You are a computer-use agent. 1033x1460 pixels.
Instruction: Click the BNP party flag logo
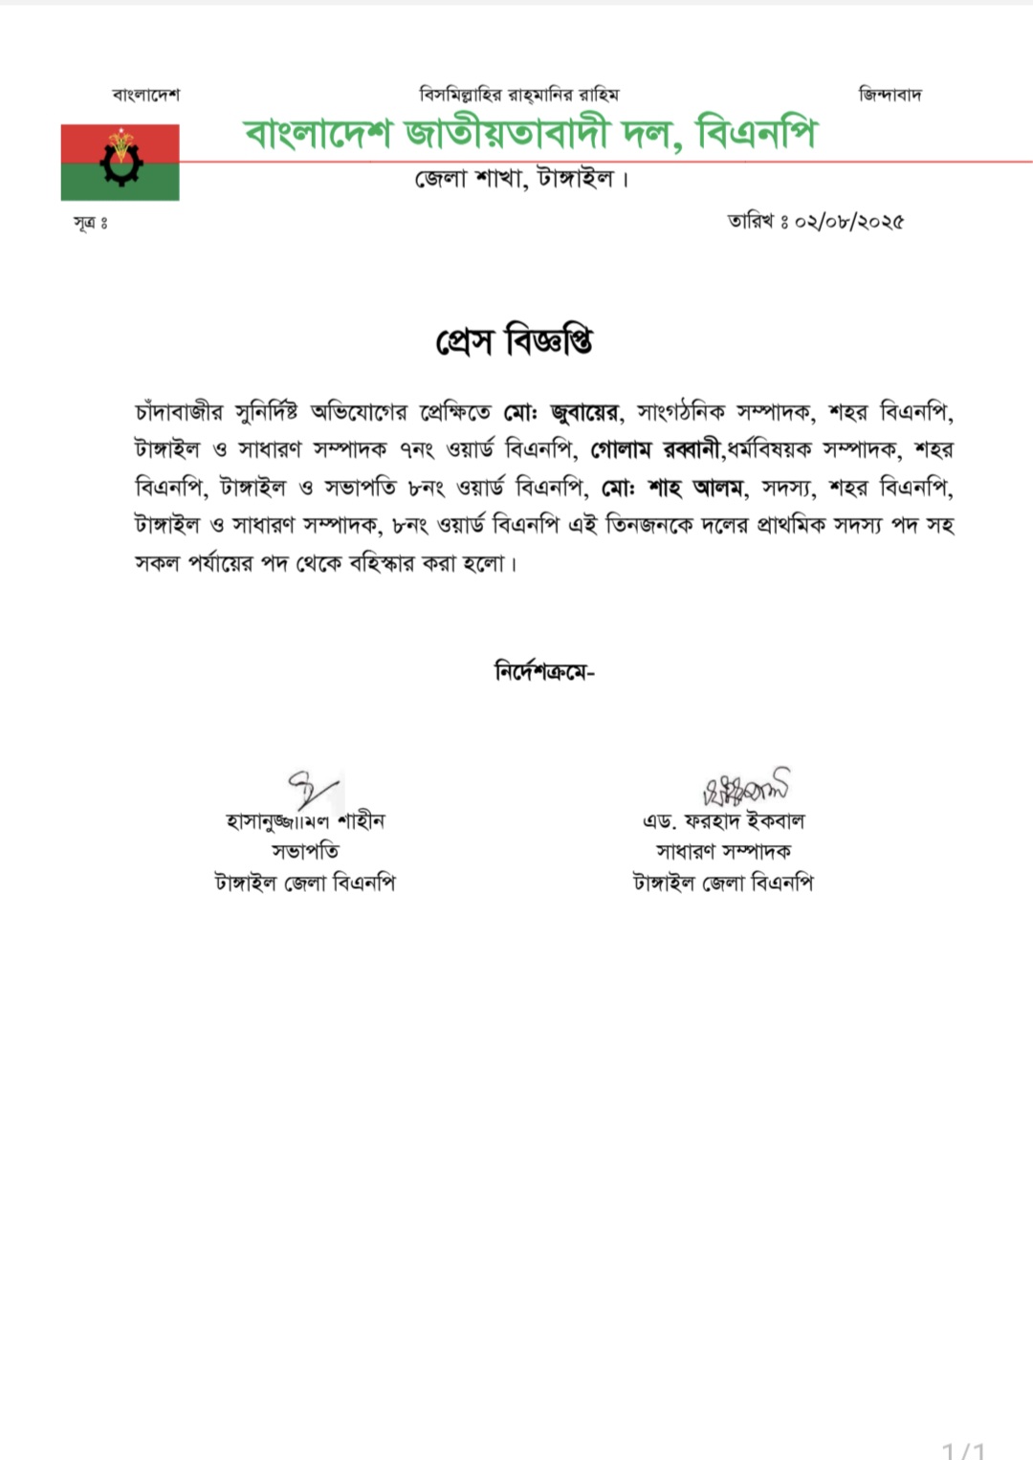click(120, 163)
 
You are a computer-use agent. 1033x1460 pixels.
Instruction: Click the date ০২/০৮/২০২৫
click(848, 222)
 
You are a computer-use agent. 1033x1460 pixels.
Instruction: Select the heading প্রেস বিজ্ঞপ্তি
click(515, 340)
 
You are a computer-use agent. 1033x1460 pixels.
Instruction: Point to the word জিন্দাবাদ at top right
click(890, 95)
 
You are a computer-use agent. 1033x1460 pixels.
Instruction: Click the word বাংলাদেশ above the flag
click(145, 95)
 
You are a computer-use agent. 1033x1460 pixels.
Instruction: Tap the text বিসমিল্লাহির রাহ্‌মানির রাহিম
click(518, 95)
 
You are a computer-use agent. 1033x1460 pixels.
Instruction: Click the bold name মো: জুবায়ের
click(562, 413)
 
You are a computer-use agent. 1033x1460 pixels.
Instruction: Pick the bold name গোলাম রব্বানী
click(655, 449)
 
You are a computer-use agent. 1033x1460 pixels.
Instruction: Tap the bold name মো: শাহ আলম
click(671, 488)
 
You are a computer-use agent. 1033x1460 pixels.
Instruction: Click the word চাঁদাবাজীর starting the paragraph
click(179, 413)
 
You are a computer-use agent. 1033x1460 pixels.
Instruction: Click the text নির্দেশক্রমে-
click(544, 671)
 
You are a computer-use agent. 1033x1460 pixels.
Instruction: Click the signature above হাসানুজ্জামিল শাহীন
click(313, 790)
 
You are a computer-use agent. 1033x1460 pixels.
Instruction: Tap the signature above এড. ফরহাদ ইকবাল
click(746, 787)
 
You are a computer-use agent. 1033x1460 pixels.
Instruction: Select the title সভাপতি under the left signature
click(305, 851)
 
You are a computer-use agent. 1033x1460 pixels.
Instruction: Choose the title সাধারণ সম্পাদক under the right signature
click(723, 851)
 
